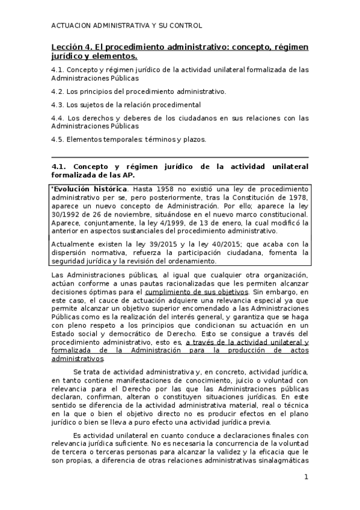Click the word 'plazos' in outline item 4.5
click(x=194, y=140)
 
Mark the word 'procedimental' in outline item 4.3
click(x=162, y=105)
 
